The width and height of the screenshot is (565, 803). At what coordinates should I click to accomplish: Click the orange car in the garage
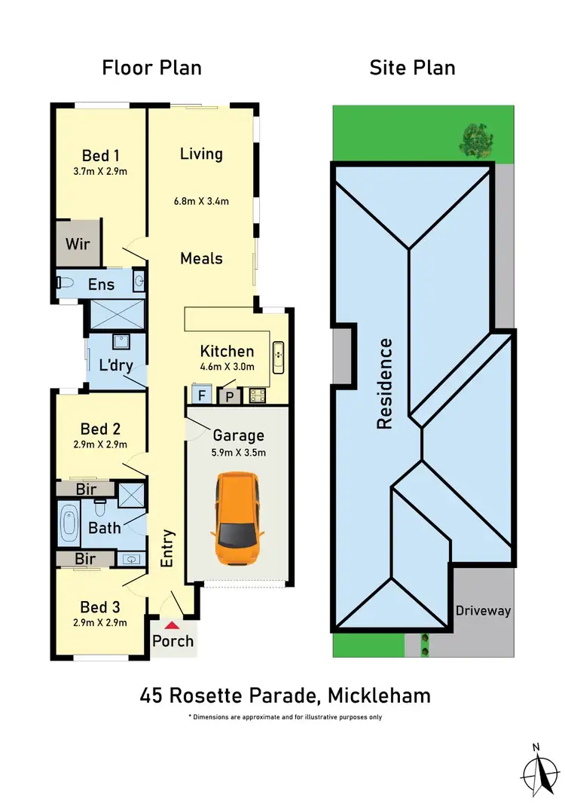point(239,521)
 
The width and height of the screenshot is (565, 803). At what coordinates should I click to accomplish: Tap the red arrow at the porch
point(173,625)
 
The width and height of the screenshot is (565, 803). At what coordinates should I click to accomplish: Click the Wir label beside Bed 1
point(78,244)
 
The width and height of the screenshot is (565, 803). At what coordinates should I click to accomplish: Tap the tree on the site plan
point(475,137)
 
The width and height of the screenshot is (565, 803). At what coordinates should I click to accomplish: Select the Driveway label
point(483,610)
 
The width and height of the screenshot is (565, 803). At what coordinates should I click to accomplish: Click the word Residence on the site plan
point(385,384)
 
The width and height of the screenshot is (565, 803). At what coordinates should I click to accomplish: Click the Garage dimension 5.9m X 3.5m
point(239,453)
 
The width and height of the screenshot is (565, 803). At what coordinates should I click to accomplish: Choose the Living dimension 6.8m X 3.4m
point(201,201)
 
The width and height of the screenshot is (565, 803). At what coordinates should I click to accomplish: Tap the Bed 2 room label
point(100,429)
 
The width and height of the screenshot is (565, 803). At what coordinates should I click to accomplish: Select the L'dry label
point(117,367)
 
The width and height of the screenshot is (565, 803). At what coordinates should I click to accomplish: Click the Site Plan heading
point(412,68)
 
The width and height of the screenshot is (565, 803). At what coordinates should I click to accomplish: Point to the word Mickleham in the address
point(386,695)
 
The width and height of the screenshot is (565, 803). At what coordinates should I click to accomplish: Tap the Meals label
point(201,258)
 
